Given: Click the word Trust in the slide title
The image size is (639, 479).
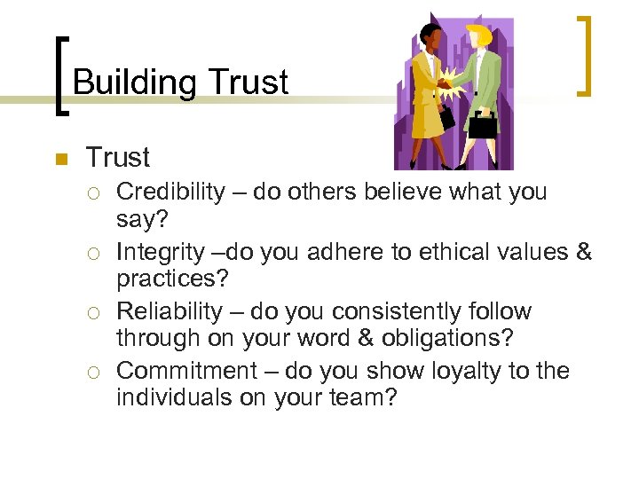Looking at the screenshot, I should pos(248,82).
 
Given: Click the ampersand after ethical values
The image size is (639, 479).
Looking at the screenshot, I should pos(583,252).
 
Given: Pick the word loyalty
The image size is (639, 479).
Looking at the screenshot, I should pos(457,371).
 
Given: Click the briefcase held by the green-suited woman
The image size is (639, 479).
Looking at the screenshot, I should pos(483,123).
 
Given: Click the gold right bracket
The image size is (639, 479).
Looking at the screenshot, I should pos(585,55).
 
